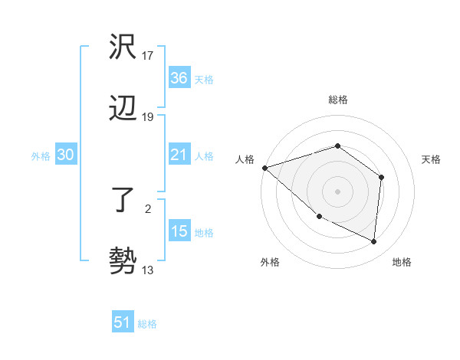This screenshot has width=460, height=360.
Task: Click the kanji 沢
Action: pos(123,47)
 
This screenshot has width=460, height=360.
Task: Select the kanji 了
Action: pos(123,201)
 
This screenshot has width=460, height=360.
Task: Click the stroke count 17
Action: pos(148,56)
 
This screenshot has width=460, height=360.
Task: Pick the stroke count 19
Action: pos(148,117)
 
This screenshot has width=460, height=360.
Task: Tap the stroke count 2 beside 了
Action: pos(148,208)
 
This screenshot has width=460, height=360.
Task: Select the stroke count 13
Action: pos(148,270)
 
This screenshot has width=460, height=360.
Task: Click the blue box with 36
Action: pos(179,78)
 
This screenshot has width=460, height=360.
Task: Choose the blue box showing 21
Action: pos(179,155)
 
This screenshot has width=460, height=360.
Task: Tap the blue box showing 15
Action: pos(179,231)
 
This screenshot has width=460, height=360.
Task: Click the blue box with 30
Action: pos(66,155)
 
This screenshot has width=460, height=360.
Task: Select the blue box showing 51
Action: pos(123,322)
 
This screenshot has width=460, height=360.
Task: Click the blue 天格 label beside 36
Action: pos(204,79)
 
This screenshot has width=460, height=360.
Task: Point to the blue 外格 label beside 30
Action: pos(41,156)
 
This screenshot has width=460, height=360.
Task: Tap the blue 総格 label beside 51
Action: pos(147,324)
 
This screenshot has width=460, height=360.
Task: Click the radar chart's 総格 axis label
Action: pos(337,100)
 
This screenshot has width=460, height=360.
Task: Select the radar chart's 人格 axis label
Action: pos(245,159)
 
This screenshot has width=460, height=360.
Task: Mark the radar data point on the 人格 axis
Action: pos(264,168)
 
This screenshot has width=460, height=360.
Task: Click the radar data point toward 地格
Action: pos(374,241)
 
